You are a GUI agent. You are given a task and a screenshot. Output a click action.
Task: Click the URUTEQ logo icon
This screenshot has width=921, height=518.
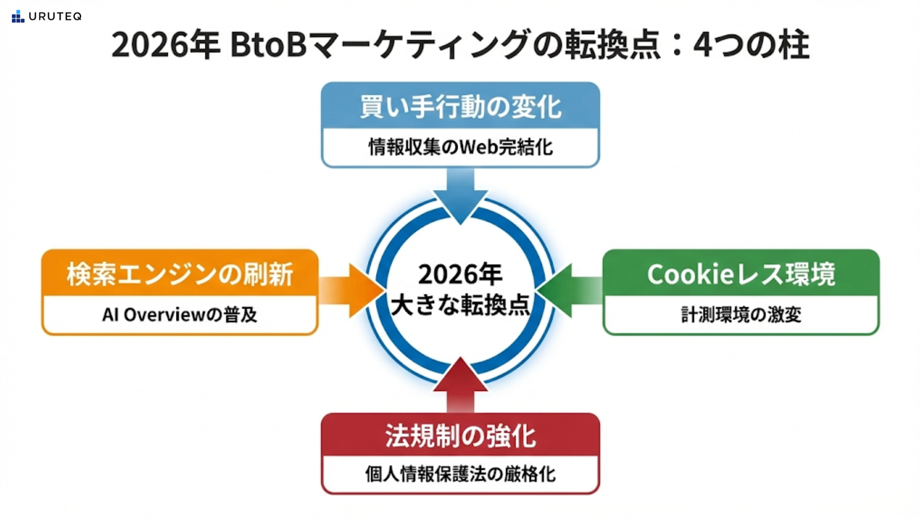[x=18, y=16]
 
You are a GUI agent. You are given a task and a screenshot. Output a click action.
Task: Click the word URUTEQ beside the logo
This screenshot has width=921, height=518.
[x=55, y=16]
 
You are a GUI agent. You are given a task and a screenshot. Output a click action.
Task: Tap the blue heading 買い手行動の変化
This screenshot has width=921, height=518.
[x=460, y=106]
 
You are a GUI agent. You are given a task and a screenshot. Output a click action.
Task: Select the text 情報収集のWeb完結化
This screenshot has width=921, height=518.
[x=460, y=147]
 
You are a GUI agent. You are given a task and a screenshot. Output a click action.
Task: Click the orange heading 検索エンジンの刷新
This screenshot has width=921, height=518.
[x=180, y=274]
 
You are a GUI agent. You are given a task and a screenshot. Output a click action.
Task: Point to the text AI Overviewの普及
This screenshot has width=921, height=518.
[x=180, y=315]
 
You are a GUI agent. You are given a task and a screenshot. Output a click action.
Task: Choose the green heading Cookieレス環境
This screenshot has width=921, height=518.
[x=741, y=274]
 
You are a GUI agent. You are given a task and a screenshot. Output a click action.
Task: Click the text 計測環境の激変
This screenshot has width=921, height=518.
[x=741, y=315]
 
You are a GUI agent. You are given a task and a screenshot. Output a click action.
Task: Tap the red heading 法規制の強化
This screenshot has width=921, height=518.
[x=460, y=436]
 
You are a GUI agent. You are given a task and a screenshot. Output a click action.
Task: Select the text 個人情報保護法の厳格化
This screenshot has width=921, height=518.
[x=460, y=474]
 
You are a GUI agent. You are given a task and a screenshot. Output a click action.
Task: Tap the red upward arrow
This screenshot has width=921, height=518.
[x=460, y=384]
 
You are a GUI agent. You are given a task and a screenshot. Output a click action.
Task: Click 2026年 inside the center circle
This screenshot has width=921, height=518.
[x=460, y=274]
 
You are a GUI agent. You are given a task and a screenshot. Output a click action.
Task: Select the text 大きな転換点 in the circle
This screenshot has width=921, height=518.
[x=460, y=305]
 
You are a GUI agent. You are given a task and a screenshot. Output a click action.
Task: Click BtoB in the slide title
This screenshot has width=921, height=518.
[x=268, y=45]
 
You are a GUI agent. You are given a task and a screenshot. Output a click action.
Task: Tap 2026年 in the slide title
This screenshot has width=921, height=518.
[x=165, y=45]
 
